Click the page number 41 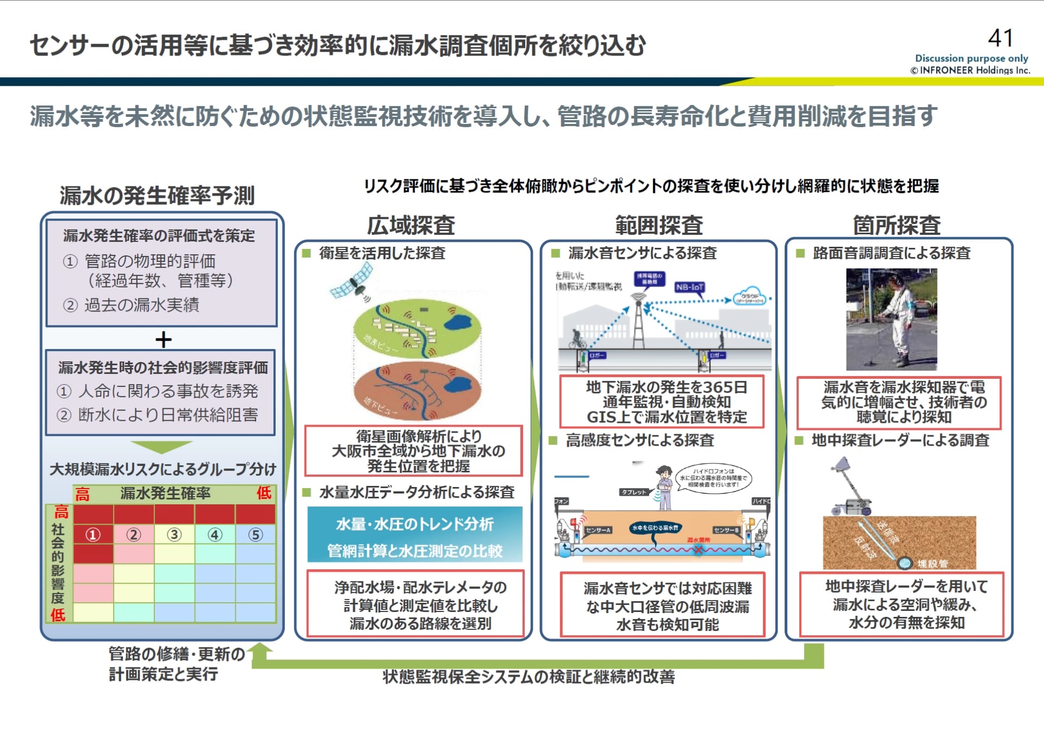pos(1000,39)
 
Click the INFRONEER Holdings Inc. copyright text pos(971,70)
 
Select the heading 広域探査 pos(411,225)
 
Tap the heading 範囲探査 pos(659,225)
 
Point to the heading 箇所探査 pos(897,225)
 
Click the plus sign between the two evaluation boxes pos(163,340)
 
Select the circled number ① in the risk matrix pos(93,535)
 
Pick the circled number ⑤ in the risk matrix pos(256,535)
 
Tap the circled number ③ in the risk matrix pos(174,535)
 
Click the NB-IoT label pos(689,287)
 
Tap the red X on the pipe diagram pos(698,549)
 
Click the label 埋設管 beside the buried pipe pos(932,564)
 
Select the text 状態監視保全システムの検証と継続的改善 pos(529,677)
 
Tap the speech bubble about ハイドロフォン pos(713,478)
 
